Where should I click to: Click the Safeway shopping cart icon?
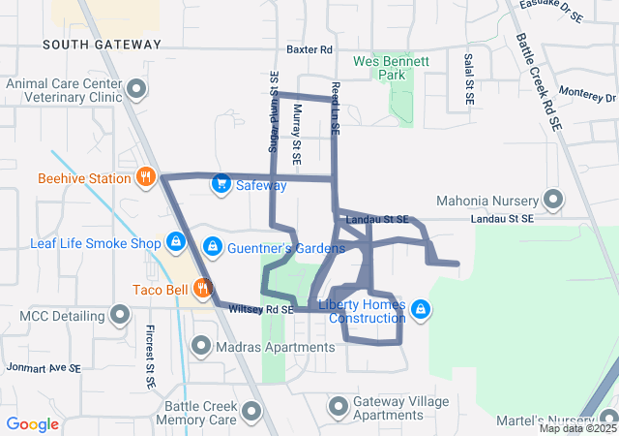pyautogui.click(x=221, y=183)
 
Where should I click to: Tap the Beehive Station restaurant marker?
pyautogui.click(x=146, y=177)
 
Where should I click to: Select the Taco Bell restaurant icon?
pyautogui.click(x=202, y=287)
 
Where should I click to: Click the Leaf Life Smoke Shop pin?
pyautogui.click(x=176, y=241)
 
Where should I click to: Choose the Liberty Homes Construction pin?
pyautogui.click(x=421, y=309)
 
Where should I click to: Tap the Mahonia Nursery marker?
pyautogui.click(x=554, y=200)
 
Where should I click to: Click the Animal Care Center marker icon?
pyautogui.click(x=137, y=91)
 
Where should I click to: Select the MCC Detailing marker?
pyautogui.click(x=121, y=315)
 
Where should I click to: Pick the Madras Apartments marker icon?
pyautogui.click(x=202, y=344)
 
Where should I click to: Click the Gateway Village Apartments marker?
pyautogui.click(x=339, y=407)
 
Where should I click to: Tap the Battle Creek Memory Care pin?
pyautogui.click(x=252, y=413)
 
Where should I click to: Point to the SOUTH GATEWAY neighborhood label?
pyautogui.click(x=102, y=45)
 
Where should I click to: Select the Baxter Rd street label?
pyautogui.click(x=309, y=49)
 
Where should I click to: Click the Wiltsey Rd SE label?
pyautogui.click(x=260, y=309)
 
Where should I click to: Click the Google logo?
pyautogui.click(x=32, y=423)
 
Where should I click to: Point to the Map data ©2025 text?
pyautogui.click(x=577, y=428)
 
